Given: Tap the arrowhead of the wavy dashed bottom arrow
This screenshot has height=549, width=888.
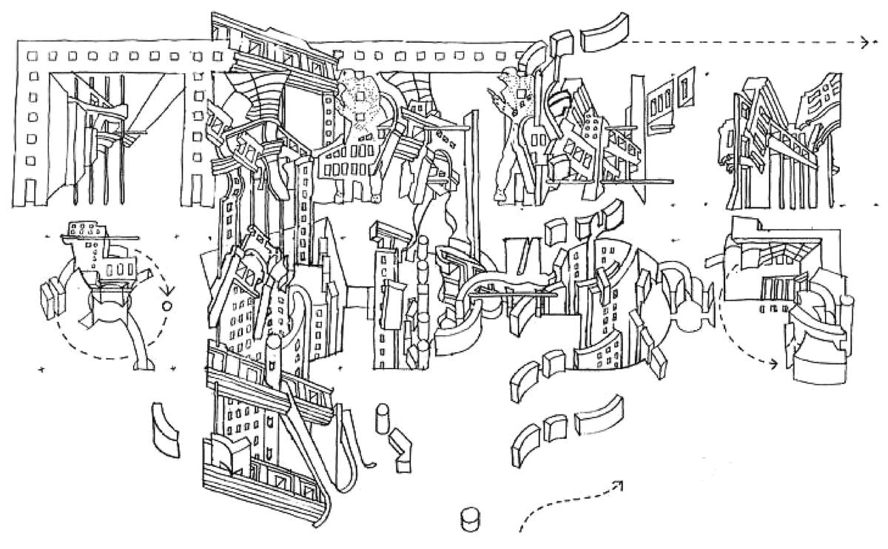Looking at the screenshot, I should pos(618,485).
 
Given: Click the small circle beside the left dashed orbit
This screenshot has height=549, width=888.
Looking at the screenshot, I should pos(166,304).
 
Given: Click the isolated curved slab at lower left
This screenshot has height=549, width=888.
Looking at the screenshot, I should pos(164,432).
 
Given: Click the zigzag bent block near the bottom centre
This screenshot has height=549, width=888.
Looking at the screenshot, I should pos(403,449).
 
